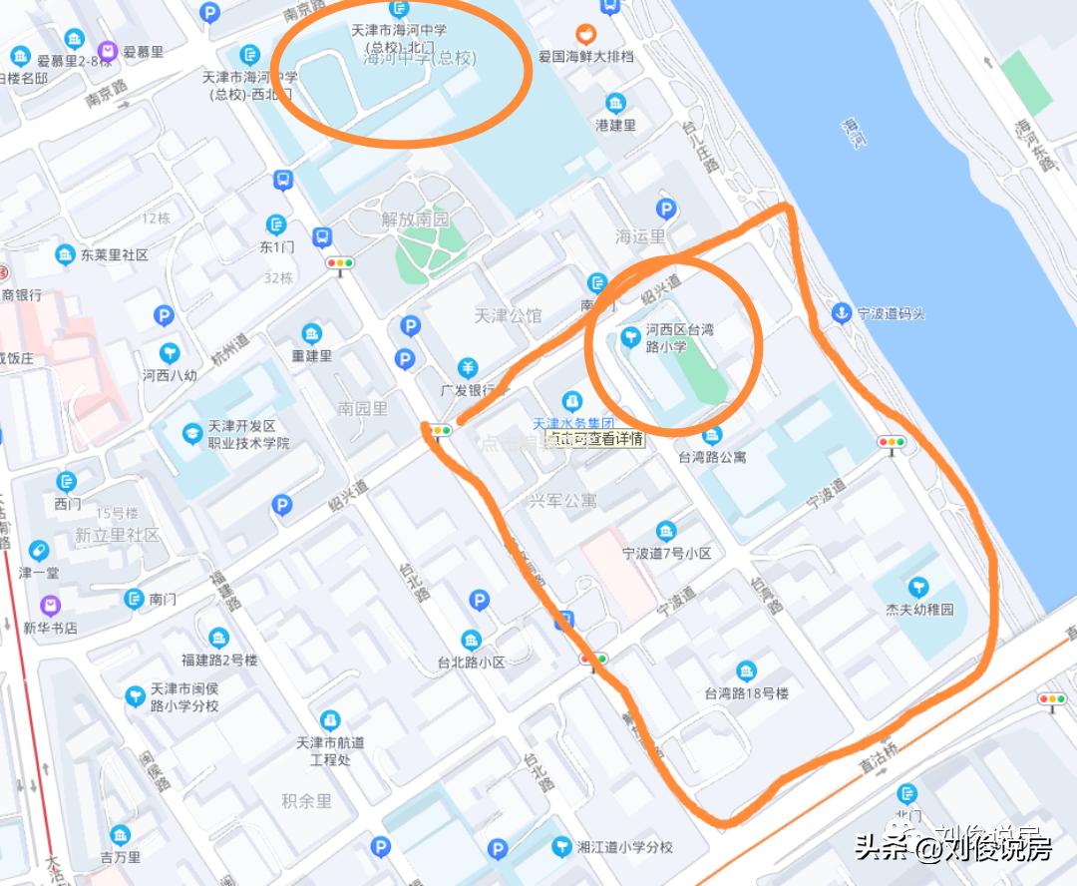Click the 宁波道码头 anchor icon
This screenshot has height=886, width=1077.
pos(843,313)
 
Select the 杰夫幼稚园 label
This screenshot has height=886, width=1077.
pos(919,609)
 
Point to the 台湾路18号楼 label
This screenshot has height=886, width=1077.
pos(747,693)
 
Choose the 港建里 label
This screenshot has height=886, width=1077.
pos(615,125)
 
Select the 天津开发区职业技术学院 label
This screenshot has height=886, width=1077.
pos(248,435)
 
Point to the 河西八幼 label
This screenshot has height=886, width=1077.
pos(170,376)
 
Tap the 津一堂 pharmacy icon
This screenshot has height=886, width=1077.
pos(39,551)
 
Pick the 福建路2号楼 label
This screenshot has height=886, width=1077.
pos(219,660)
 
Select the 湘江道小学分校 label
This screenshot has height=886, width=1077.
pos(626,847)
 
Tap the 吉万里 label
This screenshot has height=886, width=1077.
pos(121,856)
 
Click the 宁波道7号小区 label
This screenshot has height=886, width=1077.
pos(666,553)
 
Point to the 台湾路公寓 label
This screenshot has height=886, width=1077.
pos(712,457)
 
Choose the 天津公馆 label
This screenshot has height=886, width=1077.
pos(508,316)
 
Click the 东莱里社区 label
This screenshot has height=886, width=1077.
pos(115,255)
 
